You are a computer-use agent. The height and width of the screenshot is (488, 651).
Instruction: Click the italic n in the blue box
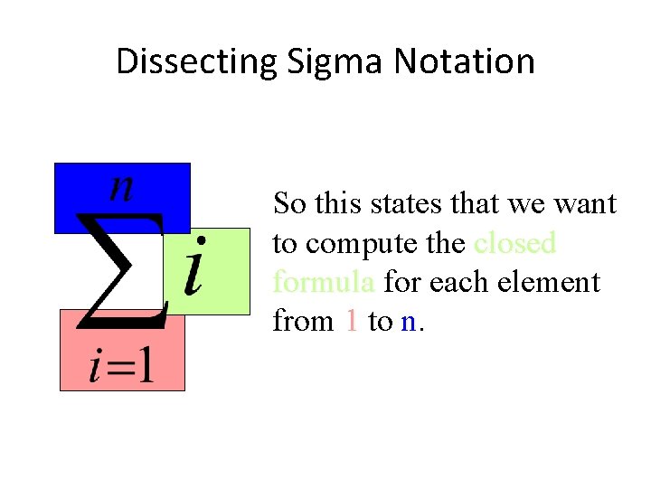pyautogui.click(x=121, y=188)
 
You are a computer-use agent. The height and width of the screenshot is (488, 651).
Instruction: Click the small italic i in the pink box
pyautogui.click(x=95, y=367)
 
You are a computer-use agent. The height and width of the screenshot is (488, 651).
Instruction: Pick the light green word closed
pyautogui.click(x=514, y=243)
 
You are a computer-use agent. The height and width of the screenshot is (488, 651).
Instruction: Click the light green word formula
pyautogui.click(x=324, y=282)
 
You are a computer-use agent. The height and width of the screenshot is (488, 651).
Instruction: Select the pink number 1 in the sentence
pyautogui.click(x=352, y=321)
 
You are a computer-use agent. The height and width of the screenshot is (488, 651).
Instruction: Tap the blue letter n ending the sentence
pyautogui.click(x=408, y=323)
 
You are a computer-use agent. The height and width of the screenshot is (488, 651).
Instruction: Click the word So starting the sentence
pyautogui.click(x=289, y=204)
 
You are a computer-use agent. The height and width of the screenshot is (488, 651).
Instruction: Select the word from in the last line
pyautogui.click(x=303, y=321)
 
